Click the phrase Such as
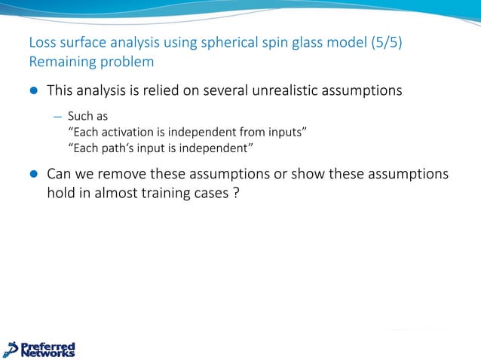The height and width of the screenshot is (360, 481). tap(87, 117)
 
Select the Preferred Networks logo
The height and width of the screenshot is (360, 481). tap(39, 349)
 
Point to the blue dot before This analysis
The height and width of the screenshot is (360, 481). tap(32, 92)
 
